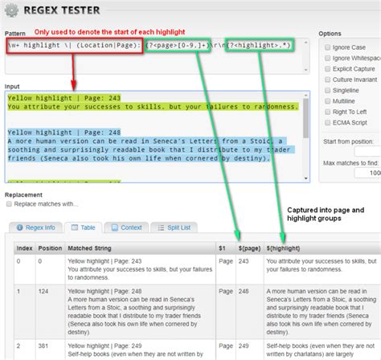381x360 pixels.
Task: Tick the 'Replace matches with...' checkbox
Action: pos(10,204)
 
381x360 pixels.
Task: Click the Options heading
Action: pos(331,34)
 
